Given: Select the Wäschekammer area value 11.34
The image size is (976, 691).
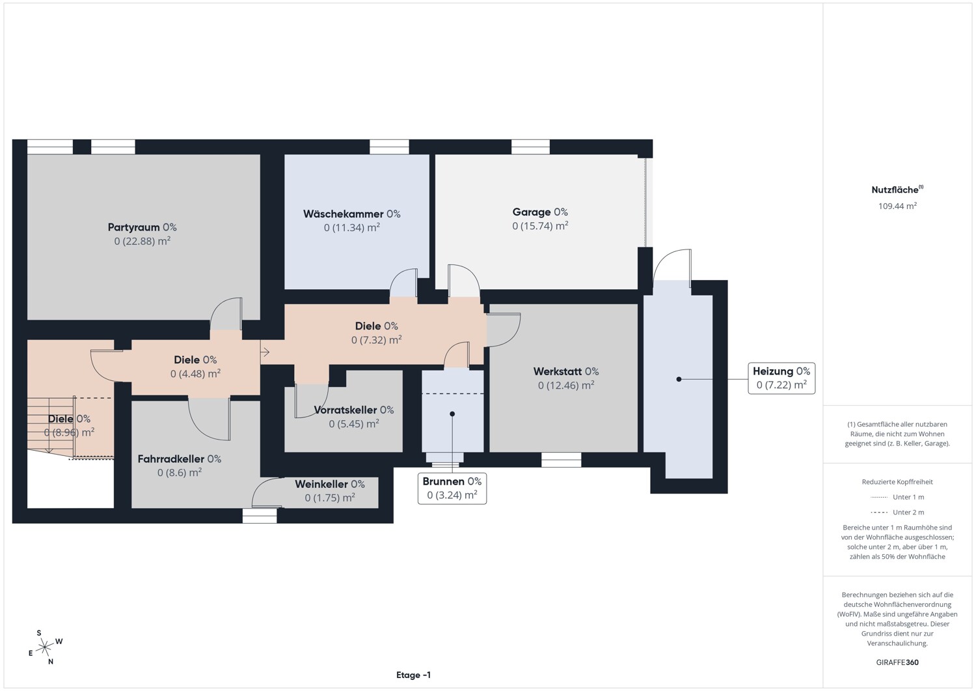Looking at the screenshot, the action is (x=352, y=227).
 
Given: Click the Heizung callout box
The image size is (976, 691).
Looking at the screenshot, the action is (x=781, y=378).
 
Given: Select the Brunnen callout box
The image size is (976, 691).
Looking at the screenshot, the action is (x=452, y=488).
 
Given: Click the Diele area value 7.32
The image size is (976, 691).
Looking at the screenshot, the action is (x=377, y=340).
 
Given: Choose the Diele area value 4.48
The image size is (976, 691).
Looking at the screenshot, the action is (x=195, y=374).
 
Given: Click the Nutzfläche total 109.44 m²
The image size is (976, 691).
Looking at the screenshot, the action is (x=897, y=206).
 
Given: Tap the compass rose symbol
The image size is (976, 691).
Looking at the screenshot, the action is (x=45, y=647).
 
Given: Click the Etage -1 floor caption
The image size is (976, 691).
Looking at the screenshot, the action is (x=413, y=675).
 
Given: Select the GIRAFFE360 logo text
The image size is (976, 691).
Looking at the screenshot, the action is (x=897, y=662).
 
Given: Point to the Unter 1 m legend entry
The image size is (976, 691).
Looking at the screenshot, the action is (x=897, y=497).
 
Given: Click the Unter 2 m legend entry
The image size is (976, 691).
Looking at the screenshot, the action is (x=897, y=512).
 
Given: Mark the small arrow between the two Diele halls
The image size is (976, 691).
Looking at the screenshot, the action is (x=265, y=352).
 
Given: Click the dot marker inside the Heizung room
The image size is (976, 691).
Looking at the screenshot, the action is (x=679, y=379).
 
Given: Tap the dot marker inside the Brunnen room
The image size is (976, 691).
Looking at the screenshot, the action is (x=452, y=414).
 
